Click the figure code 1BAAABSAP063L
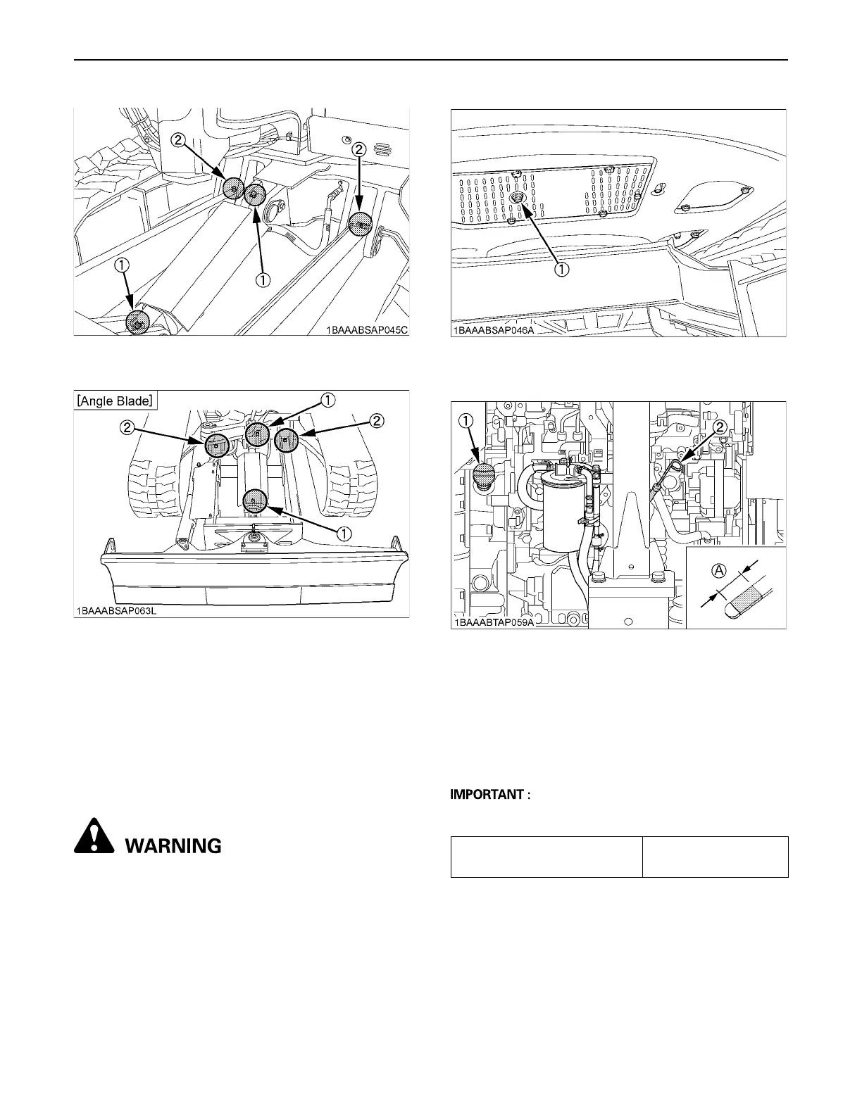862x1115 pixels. coord(117,610)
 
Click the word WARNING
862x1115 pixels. coord(173,845)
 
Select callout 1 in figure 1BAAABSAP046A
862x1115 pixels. coord(561,269)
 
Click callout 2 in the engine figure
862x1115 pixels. coord(720,427)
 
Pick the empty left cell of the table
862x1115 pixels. coord(546,857)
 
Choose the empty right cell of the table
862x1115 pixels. coord(715,857)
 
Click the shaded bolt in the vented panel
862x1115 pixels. coord(519,199)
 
